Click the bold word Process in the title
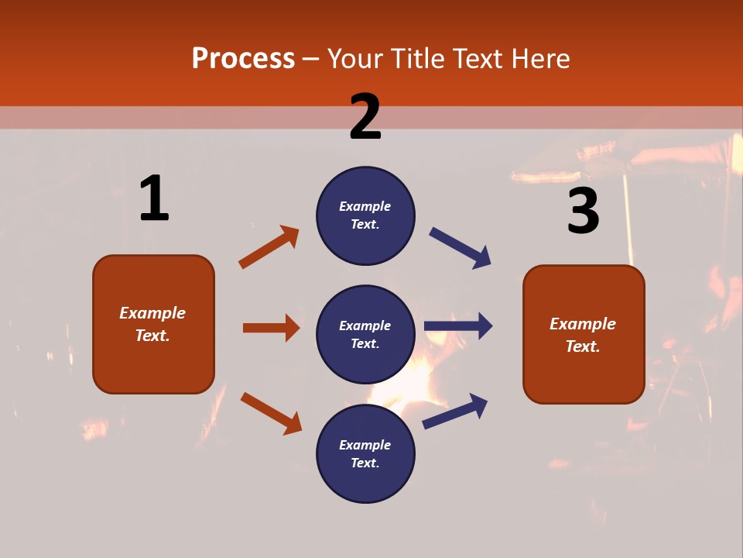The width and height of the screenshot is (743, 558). coord(243,58)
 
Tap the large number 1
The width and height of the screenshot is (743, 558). coord(154,199)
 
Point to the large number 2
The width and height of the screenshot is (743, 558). coord(365,117)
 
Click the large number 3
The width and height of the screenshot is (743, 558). coord(583,211)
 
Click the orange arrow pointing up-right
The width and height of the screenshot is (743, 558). coord(269,247)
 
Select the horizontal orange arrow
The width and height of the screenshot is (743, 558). coord(271,328)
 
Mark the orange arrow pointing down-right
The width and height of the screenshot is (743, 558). coord(271,413)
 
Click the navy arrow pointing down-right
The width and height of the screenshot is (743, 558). coord(460,247)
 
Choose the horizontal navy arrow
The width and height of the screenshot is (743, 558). coord(458,325)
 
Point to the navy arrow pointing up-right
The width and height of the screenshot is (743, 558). coord(455,411)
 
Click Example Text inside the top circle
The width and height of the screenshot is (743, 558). coord(365,215)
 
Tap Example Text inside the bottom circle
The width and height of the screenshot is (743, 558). coord(365,453)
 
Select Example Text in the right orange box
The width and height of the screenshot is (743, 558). coord(583,335)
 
